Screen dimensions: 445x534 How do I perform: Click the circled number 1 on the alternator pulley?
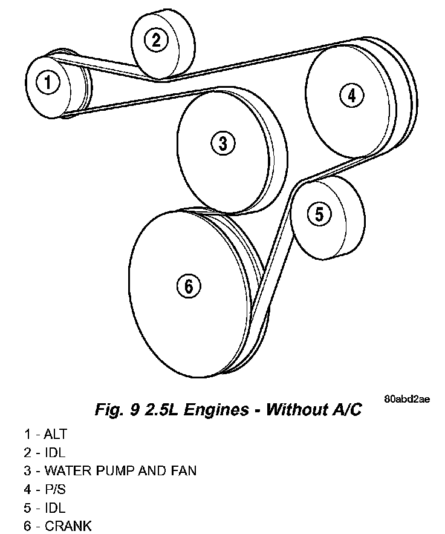(x=48, y=81)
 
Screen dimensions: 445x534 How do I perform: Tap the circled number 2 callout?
(x=156, y=40)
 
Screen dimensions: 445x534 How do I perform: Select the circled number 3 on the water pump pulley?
(x=223, y=143)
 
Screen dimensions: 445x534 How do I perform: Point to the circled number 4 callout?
(x=351, y=95)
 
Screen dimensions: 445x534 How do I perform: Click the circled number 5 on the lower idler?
(x=319, y=213)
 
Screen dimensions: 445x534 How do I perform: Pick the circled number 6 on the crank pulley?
(x=188, y=286)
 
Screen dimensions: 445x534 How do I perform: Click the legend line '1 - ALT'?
(x=46, y=433)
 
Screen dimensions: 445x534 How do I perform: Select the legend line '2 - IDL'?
(x=45, y=452)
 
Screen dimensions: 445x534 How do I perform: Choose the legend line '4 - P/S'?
(x=45, y=489)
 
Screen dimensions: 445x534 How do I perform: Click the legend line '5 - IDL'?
(x=45, y=507)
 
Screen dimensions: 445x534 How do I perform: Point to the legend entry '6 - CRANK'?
(x=58, y=526)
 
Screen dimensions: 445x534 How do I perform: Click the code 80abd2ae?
(x=407, y=399)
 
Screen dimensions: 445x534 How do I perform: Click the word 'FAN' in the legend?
(x=182, y=470)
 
